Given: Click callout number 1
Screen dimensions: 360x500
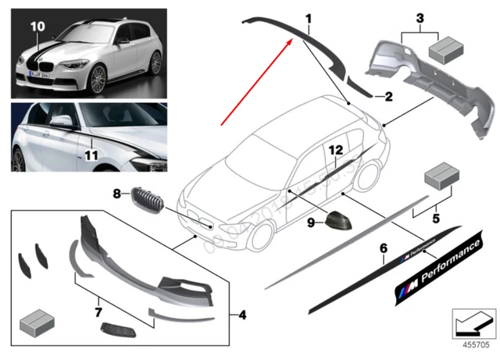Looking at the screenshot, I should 309,17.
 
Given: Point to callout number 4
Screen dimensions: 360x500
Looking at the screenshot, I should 243,316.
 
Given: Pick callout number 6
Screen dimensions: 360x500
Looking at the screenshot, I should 383,248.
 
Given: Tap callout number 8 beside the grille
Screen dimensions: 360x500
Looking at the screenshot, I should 116,192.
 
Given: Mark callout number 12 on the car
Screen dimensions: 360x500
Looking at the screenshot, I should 336,149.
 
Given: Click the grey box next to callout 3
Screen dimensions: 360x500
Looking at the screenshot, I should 445,48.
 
